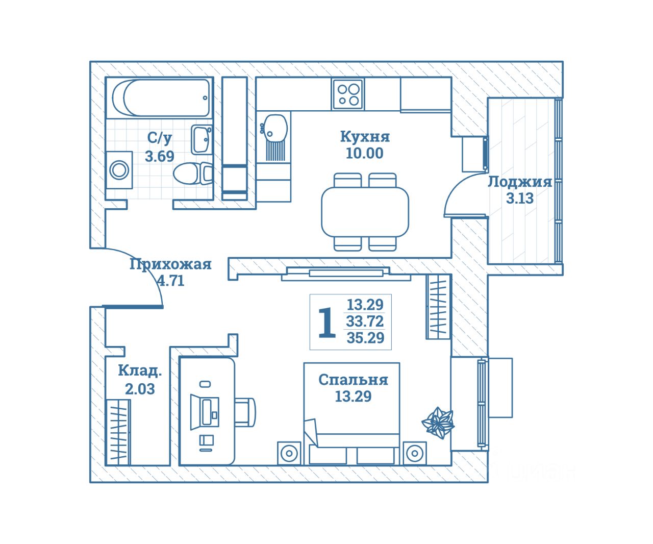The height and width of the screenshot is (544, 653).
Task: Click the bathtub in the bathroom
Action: coord(161,97)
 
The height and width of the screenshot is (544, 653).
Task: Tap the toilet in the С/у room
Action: coord(191,173)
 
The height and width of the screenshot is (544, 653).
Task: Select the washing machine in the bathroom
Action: coord(119,170)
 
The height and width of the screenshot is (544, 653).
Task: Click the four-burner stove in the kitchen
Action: coord(348,94)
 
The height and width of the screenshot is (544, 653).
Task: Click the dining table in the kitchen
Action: coord(365,212)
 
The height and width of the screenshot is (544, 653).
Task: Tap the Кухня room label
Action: coord(365,137)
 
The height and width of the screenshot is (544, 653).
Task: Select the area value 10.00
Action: coord(364,153)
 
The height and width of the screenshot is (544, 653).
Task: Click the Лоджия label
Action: coord(520,182)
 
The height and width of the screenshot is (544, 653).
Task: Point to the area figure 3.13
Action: coord(520,199)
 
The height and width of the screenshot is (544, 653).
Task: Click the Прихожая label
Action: coord(170,264)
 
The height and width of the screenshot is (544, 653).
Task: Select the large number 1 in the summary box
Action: coord(326,323)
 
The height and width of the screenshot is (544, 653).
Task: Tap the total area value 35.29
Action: coord(365,338)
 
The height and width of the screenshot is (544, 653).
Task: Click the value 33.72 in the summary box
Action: coord(365,322)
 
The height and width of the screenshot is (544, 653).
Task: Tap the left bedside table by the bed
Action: coord(289,453)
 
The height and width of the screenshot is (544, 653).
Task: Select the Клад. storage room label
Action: coord(140,371)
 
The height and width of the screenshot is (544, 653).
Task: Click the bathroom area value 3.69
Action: coord(160,156)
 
